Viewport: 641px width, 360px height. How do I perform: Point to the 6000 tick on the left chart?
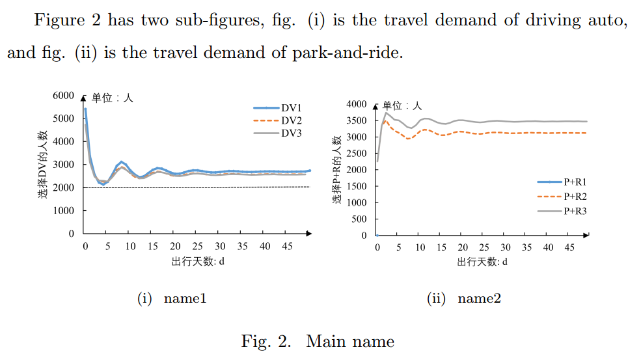click(64, 96)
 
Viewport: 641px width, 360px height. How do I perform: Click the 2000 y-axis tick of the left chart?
click(64, 187)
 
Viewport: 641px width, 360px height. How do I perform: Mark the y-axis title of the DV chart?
click(44, 165)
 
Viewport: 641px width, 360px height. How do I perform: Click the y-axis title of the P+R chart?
click(337, 170)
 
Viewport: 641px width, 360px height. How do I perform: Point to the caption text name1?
click(185, 299)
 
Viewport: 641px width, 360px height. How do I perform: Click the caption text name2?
click(479, 299)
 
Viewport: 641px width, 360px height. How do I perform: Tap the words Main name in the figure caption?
click(350, 341)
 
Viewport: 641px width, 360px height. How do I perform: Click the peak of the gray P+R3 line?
click(386, 113)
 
